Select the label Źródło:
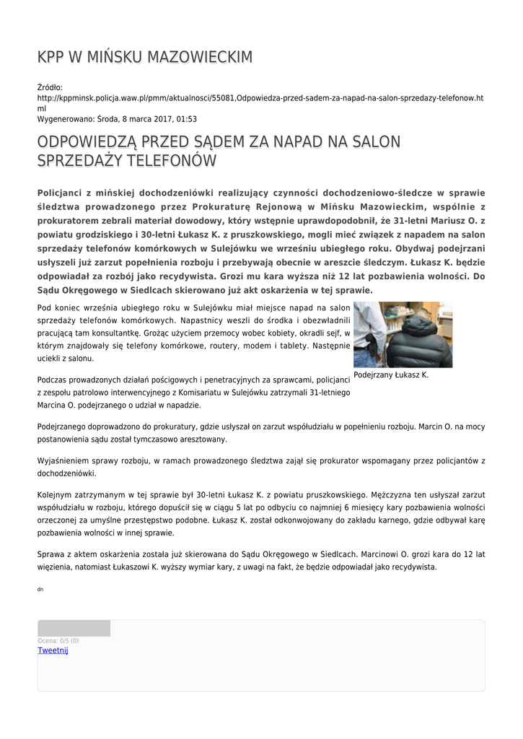tap(50, 88)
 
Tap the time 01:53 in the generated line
tap(186, 119)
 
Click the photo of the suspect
tap(403, 334)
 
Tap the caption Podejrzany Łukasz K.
tap(391, 375)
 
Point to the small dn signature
tap(40, 590)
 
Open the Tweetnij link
tap(53, 650)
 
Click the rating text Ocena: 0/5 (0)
tap(58, 640)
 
